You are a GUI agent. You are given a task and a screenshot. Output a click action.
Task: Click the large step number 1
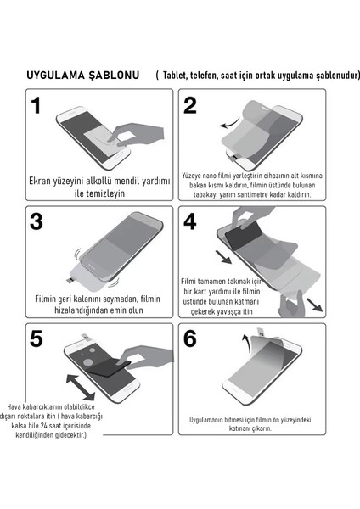tap(36, 106)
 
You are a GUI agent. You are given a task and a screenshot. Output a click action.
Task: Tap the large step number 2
tap(190, 106)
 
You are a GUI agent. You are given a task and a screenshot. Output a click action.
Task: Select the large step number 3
tap(36, 221)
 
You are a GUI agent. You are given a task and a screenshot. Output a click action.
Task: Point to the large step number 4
tap(190, 221)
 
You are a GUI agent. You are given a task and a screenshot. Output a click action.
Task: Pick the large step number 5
tap(36, 338)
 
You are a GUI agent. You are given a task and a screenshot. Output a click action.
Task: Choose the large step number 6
tap(190, 338)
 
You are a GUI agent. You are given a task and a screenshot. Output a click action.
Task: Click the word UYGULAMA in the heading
tap(55, 76)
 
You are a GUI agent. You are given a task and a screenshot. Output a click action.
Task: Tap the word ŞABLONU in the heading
tap(114, 76)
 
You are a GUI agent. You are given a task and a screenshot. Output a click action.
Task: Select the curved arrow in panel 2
tap(230, 124)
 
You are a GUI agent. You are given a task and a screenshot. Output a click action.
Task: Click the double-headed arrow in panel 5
tap(81, 388)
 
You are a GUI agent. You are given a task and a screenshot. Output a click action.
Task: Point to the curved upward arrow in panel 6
tap(246, 343)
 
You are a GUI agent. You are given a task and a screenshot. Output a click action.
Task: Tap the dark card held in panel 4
tap(244, 234)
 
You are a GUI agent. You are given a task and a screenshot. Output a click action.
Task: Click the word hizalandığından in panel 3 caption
tap(82, 310)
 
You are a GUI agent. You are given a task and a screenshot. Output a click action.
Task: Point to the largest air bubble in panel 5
tap(88, 361)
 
